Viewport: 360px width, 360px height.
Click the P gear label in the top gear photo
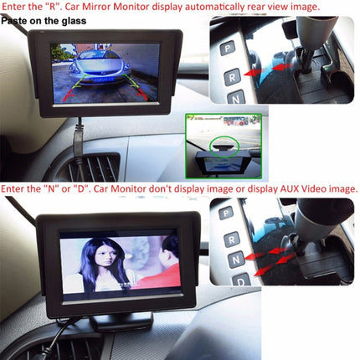(227, 49)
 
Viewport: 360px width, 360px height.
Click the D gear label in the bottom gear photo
(241, 279)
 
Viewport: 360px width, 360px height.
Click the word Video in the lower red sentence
(301, 188)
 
